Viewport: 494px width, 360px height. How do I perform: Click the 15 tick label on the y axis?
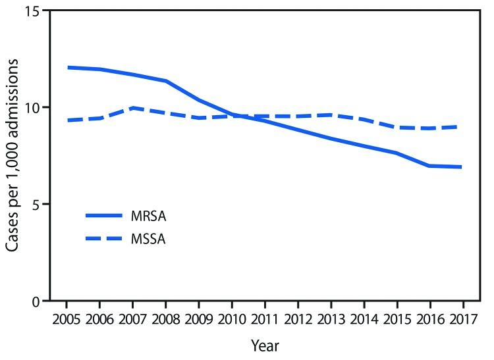point(31,11)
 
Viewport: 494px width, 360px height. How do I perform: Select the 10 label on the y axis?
point(31,107)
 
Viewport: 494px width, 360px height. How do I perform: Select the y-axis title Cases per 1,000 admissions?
point(13,155)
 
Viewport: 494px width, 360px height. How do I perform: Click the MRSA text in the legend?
point(148,216)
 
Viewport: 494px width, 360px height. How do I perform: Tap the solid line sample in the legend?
point(103,216)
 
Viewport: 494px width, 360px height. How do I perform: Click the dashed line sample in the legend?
point(103,239)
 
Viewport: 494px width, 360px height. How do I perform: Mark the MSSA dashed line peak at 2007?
point(133,108)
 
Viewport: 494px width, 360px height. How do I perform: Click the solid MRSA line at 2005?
point(67,67)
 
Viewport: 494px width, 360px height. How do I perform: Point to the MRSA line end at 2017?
point(462,167)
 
